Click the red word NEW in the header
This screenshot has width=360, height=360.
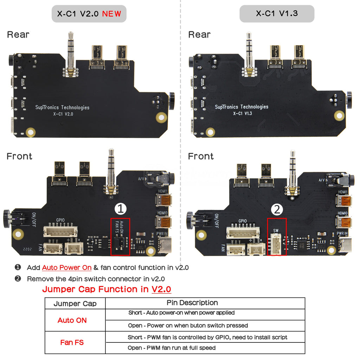coord(111,14)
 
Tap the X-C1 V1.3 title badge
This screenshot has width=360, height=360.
coord(277,14)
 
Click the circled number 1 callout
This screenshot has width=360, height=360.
coord(121,209)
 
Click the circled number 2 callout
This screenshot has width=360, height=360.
coord(277,210)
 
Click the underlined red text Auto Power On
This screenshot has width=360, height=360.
coord(67,268)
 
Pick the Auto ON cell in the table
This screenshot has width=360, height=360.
coord(72,320)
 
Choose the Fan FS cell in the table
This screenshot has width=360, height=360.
coord(72,342)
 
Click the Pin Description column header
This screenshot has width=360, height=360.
coord(192,303)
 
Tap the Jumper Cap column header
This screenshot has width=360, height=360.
coord(75,304)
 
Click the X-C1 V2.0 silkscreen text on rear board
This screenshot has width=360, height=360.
coord(63,114)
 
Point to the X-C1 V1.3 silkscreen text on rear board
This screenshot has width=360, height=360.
coord(242,113)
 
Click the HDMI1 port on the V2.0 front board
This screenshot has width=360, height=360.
coord(163,201)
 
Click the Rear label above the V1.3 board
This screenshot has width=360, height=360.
coord(199,34)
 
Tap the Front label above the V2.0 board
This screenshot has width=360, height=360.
coord(20,156)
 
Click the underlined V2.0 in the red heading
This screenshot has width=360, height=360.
coord(161,289)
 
